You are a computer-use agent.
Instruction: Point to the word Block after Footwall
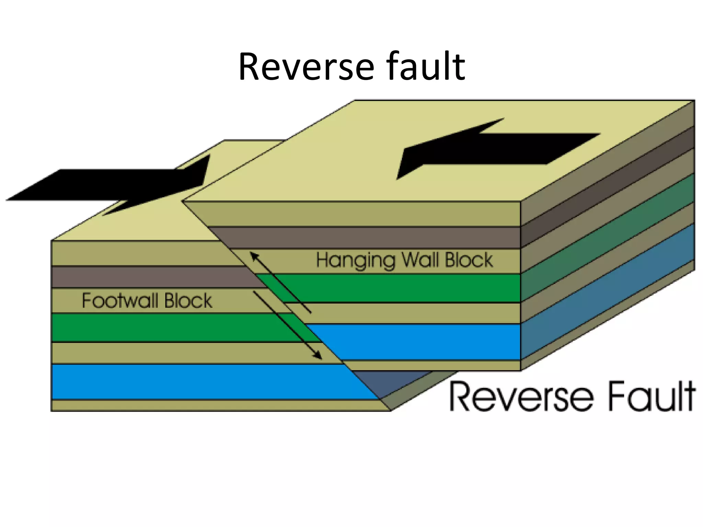pos(188,301)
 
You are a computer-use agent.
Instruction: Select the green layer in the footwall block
pos(172,328)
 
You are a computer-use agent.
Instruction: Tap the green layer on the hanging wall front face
pos(395,288)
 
